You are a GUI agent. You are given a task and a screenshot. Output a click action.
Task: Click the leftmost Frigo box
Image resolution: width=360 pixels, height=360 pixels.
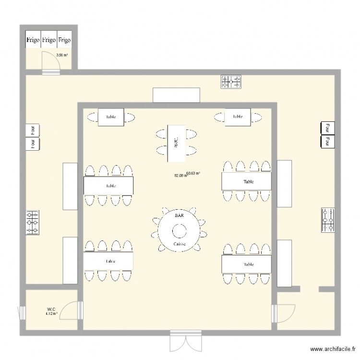[x=33, y=40]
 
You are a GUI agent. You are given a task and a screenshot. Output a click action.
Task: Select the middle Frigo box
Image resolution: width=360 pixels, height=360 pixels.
[x=48, y=40]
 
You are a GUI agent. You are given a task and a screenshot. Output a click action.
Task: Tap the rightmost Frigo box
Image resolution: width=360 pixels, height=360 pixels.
[x=64, y=40]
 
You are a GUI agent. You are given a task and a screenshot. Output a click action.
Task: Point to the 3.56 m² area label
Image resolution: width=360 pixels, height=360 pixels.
[x=62, y=55]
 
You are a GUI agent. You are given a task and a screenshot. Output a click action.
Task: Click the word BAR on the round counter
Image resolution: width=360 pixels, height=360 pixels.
[x=179, y=216]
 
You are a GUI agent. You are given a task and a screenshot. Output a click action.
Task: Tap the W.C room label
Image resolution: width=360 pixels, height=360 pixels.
[x=50, y=309]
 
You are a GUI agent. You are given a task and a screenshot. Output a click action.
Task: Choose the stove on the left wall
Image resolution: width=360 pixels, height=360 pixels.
[x=33, y=223]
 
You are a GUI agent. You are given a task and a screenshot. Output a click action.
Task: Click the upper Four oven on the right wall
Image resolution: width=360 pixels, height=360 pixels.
[x=326, y=128]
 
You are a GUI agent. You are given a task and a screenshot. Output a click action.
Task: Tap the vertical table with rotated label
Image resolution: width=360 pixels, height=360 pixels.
[x=176, y=142]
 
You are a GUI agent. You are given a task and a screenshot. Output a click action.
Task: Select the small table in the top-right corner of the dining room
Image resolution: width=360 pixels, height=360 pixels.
[x=237, y=116]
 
